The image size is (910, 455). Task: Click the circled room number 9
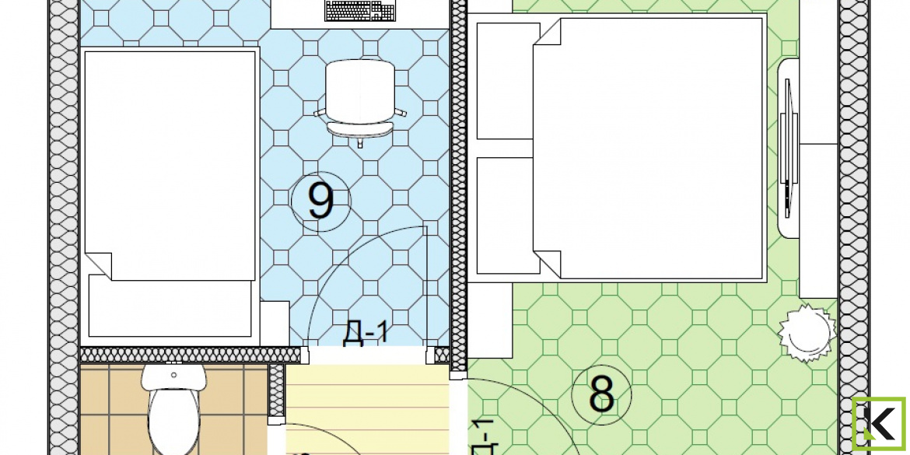(x=321, y=201)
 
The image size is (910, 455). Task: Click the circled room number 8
(x=601, y=394)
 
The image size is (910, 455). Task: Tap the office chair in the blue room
(x=360, y=102)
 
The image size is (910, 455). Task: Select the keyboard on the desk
(x=360, y=10)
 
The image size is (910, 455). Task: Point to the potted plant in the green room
(x=807, y=333)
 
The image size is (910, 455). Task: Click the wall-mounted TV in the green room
(x=788, y=148)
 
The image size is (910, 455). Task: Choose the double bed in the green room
(x=648, y=148)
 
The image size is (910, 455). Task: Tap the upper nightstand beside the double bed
(x=505, y=81)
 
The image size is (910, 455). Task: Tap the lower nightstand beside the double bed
(x=505, y=215)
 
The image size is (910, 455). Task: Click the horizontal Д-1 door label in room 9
(x=365, y=334)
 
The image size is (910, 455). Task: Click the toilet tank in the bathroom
(x=173, y=376)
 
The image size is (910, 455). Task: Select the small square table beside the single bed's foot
(x=274, y=324)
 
